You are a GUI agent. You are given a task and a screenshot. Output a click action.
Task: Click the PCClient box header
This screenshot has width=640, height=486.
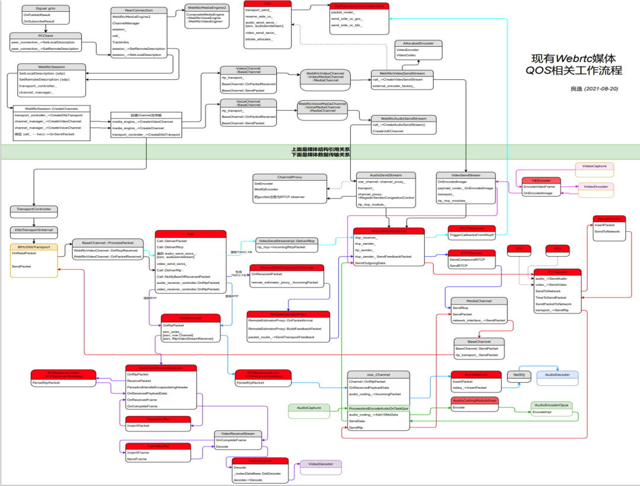(x=45, y=36)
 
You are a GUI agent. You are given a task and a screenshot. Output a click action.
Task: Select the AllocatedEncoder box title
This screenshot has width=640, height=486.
(x=418, y=43)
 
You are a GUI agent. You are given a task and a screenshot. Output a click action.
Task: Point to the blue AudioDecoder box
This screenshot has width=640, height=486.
(x=557, y=375)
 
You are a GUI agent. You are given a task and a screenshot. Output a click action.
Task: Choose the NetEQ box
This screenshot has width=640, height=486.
(x=518, y=375)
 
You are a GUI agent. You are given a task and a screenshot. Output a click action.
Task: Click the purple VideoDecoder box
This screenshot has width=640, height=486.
(x=321, y=464)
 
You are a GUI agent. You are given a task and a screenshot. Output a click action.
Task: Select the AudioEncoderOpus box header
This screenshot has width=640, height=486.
(x=551, y=405)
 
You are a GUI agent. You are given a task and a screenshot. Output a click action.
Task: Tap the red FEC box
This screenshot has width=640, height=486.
(x=519, y=250)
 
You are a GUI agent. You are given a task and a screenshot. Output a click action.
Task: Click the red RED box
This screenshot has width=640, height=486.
(x=557, y=250)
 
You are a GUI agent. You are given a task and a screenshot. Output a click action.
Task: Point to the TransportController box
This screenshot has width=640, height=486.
(x=34, y=209)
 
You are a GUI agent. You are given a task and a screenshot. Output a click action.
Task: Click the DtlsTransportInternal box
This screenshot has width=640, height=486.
(x=34, y=229)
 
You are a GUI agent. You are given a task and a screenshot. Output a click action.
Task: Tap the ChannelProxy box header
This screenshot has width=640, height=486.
(x=289, y=177)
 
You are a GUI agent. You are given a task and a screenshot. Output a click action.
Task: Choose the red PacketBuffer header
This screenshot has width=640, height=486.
(x=158, y=419)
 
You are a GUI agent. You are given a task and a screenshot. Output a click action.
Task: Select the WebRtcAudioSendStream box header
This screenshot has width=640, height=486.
(x=404, y=119)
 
